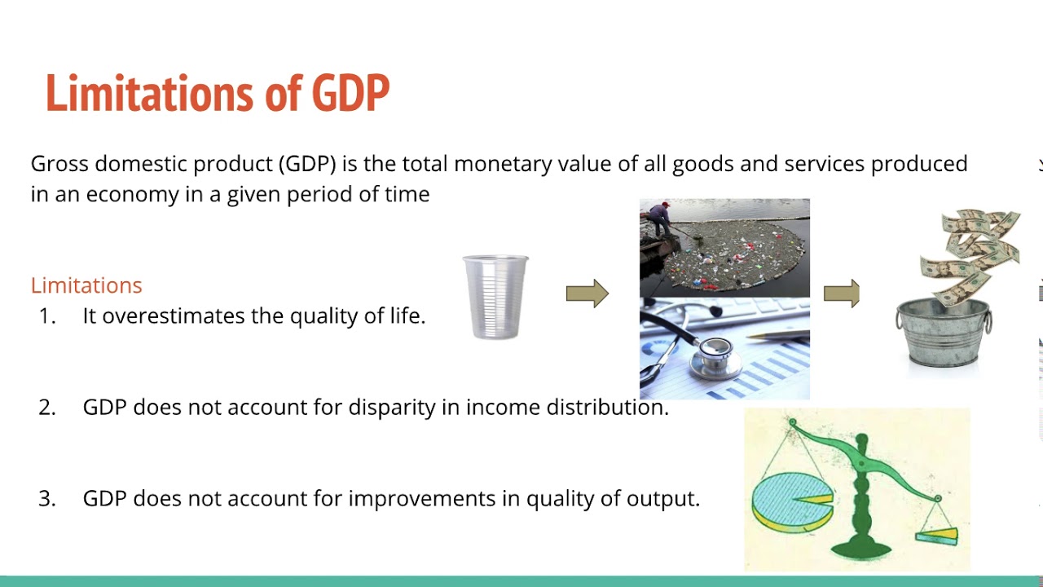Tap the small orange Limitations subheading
click(86, 285)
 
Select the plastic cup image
click(495, 296)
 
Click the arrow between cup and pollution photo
click(588, 293)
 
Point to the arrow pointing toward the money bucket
click(842, 293)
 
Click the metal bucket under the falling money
click(944, 334)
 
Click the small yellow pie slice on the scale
click(937, 536)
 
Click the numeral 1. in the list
click(47, 316)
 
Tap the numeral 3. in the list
click(47, 498)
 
